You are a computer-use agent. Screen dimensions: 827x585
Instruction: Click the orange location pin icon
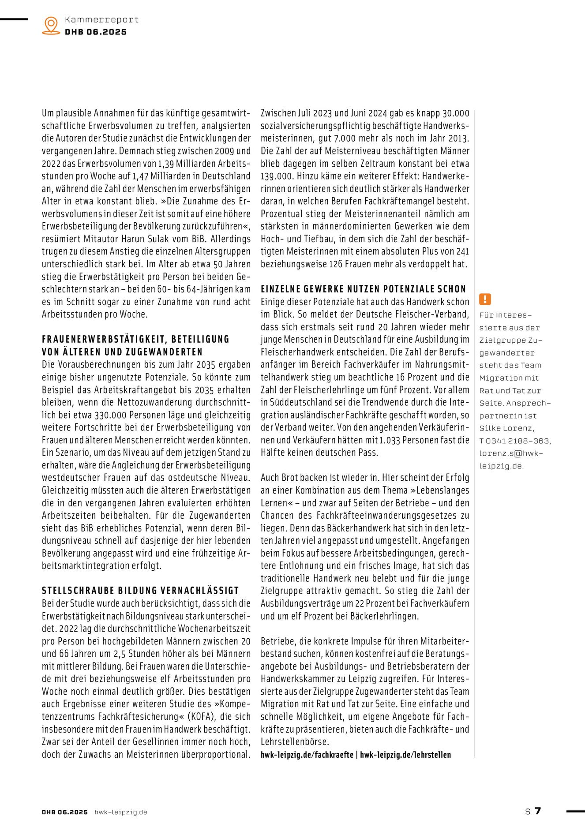coord(51,25)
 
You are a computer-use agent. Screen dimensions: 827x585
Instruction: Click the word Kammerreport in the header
coord(101,19)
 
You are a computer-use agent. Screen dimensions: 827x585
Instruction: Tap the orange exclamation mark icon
coord(485,299)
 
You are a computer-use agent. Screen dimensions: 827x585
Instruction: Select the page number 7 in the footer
coord(538,811)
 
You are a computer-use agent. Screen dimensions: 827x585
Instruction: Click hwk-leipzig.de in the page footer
coord(120,812)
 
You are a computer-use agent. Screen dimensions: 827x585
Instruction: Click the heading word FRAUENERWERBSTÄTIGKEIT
coord(104,339)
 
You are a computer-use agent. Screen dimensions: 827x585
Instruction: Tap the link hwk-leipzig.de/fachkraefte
coord(307,755)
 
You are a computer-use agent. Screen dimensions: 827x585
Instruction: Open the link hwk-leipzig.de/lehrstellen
coord(405,755)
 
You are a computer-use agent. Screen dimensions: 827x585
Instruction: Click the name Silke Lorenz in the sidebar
coord(507,428)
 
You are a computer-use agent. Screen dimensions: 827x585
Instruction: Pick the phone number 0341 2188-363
coord(518,441)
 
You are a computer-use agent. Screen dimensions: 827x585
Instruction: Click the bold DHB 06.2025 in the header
coord(96,32)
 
